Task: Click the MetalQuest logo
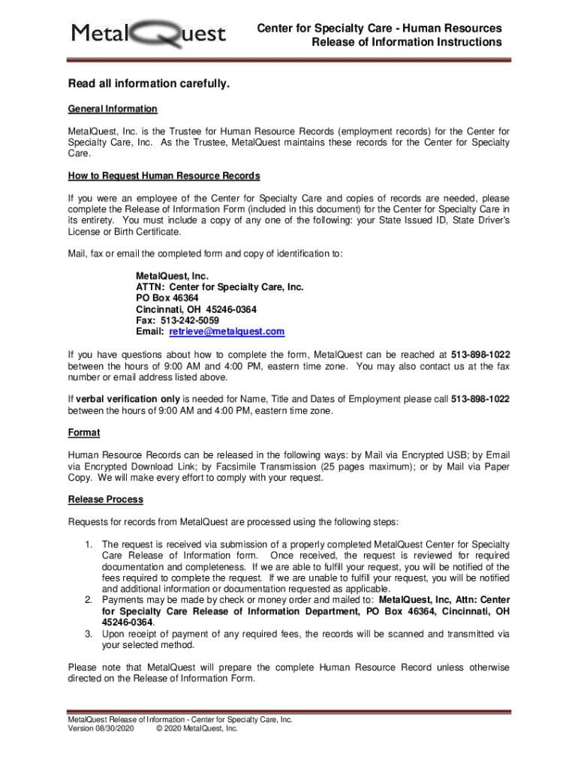(149, 34)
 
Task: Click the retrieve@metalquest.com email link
(227, 331)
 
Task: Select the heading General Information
(113, 109)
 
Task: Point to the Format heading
(84, 433)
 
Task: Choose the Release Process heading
(105, 499)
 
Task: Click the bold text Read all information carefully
(149, 83)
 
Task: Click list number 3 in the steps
(88, 634)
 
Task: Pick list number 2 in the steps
(88, 601)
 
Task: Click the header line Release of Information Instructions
(407, 42)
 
